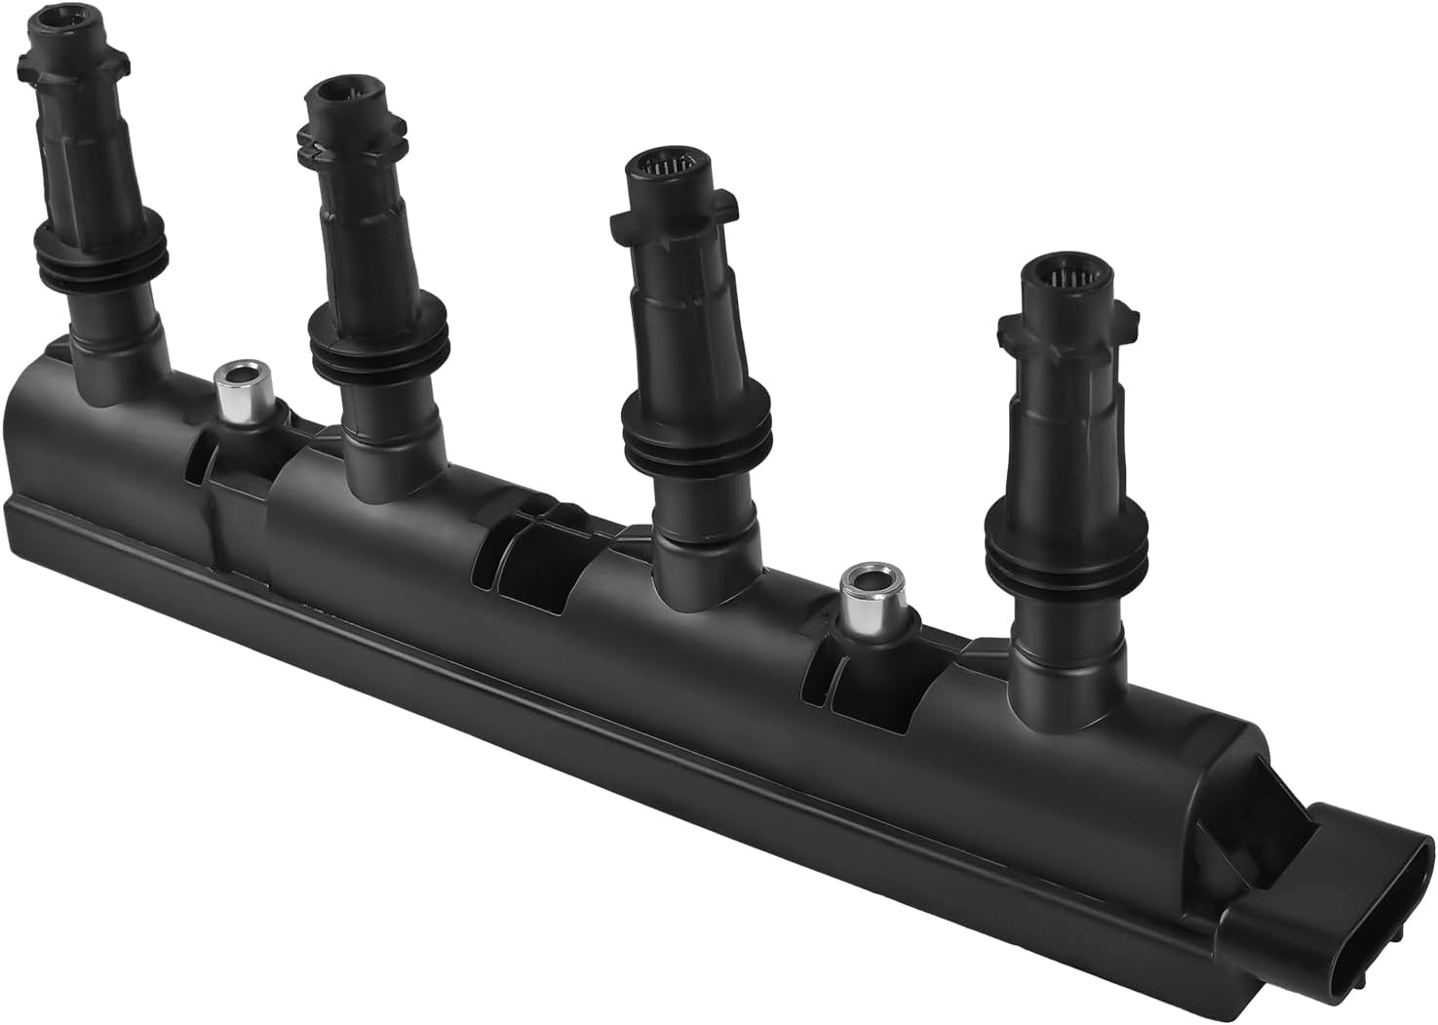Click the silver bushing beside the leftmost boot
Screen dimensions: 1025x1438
238,391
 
